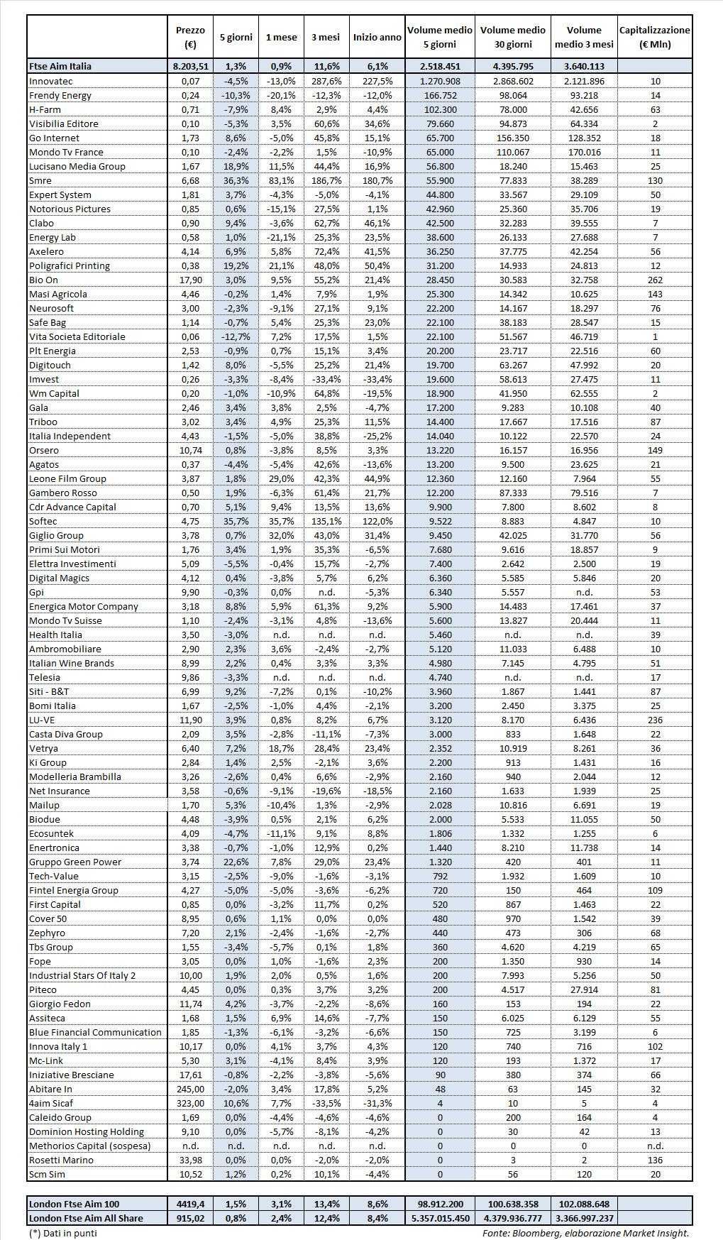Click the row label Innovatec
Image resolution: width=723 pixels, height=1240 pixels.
click(51, 81)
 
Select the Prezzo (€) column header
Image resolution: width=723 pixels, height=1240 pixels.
click(190, 38)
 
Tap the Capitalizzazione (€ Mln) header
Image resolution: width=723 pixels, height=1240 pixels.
click(654, 38)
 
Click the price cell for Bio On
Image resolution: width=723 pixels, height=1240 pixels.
click(190, 280)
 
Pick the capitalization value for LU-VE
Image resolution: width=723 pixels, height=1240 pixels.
click(654, 720)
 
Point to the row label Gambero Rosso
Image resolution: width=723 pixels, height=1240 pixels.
click(63, 493)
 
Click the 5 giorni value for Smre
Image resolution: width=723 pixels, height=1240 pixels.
click(236, 180)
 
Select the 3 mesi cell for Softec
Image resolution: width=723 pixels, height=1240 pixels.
click(326, 521)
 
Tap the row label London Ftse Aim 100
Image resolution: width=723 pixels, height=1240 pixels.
click(74, 1204)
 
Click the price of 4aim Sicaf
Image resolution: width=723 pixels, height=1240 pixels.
click(190, 1103)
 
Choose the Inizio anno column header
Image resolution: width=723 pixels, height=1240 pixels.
click(377, 38)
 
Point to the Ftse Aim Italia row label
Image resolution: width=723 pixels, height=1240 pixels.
click(60, 66)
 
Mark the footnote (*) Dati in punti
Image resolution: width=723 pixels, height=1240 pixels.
click(63, 1233)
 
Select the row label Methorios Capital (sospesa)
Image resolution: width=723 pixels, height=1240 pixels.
click(89, 1146)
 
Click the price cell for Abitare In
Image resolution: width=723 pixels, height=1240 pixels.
click(190, 1089)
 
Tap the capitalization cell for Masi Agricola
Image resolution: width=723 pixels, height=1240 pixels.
click(654, 294)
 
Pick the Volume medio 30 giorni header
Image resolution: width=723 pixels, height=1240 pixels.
click(512, 38)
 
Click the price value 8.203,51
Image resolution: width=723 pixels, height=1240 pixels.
click(190, 66)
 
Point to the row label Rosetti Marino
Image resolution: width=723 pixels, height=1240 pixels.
click(61, 1160)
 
